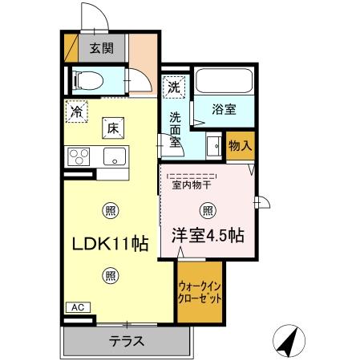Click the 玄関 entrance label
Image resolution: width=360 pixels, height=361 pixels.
(x=101, y=47)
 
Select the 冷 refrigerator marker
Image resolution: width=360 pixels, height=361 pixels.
(x=75, y=112)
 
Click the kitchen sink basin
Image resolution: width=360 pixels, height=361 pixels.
(x=115, y=156)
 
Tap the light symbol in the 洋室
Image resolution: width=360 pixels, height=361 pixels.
(x=207, y=211)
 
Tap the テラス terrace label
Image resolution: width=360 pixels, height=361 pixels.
(x=127, y=341)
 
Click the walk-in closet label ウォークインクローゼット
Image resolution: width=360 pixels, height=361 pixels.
(x=199, y=291)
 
